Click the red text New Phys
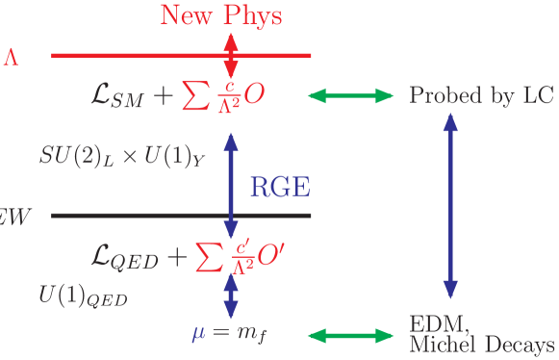coord(221,15)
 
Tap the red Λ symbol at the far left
coord(11,57)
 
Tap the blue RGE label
coord(280,187)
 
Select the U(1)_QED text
coord(83,294)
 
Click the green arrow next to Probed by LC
coord(350,95)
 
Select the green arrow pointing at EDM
coord(350,335)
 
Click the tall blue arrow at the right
coord(449,207)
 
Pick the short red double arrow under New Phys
coord(230,55)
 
